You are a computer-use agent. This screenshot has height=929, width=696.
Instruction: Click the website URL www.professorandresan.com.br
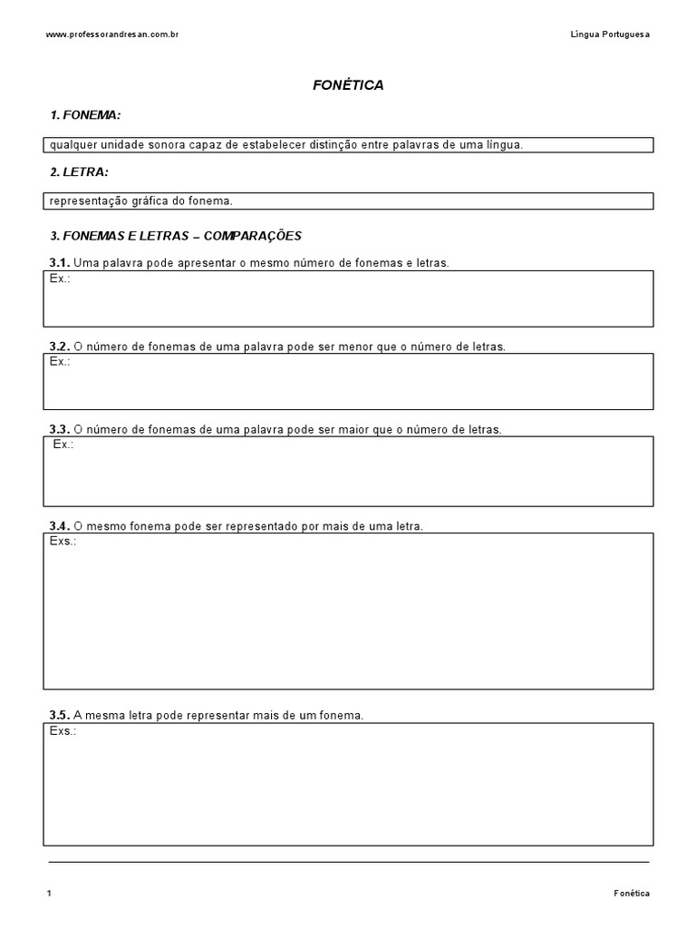click(111, 34)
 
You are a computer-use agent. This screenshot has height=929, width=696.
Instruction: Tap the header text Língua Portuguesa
click(610, 34)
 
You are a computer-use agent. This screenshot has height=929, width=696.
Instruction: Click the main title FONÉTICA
click(348, 85)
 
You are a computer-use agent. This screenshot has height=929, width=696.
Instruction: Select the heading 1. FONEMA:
click(86, 115)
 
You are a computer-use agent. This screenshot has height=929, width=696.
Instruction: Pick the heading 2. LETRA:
click(80, 171)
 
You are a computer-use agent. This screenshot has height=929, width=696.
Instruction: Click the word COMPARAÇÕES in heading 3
click(253, 235)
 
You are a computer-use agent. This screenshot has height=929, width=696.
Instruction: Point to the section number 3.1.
click(59, 263)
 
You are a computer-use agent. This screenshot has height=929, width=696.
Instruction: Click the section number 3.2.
click(59, 347)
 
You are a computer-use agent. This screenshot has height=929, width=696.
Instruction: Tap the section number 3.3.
click(59, 429)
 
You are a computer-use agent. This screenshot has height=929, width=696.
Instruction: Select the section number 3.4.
click(59, 526)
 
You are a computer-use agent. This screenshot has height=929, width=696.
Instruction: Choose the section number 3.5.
click(59, 716)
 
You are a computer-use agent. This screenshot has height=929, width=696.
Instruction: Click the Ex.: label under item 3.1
click(60, 279)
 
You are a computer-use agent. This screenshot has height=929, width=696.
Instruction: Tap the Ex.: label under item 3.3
click(63, 445)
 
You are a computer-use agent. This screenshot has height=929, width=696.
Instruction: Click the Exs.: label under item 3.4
click(63, 541)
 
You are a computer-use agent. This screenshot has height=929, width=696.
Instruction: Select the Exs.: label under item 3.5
click(63, 730)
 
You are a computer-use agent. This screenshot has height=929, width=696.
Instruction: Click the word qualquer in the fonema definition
click(71, 145)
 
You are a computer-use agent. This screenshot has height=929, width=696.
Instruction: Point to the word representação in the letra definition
click(83, 200)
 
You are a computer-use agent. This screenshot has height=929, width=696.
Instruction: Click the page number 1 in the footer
click(49, 894)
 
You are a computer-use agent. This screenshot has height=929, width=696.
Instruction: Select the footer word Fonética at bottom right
click(631, 894)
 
